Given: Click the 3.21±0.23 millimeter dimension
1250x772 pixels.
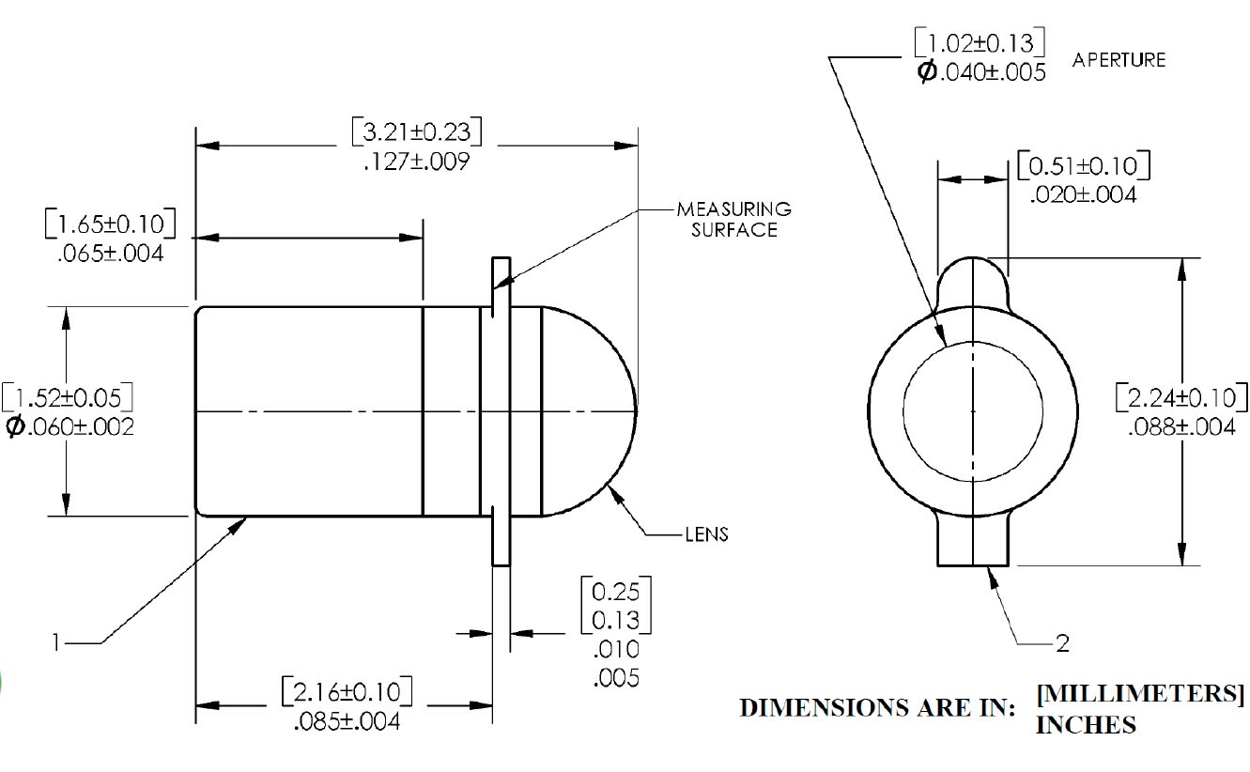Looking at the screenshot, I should (417, 131).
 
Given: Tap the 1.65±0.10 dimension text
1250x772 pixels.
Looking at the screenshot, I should (110, 225).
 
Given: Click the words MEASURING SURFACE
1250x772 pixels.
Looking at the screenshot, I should (733, 218).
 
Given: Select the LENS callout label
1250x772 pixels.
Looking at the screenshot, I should (706, 534).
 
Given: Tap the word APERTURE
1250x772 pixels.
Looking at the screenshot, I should (1119, 60).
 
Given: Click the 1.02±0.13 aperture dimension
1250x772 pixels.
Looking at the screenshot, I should (980, 43).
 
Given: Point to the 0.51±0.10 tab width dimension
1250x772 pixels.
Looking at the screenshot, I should (1083, 167).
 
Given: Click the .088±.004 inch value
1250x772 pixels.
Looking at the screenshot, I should (1181, 426).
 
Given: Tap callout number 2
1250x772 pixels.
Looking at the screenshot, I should (1062, 643).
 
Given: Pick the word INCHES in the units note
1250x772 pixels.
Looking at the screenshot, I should (1085, 725).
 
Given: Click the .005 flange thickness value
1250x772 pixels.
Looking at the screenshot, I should (616, 676).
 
